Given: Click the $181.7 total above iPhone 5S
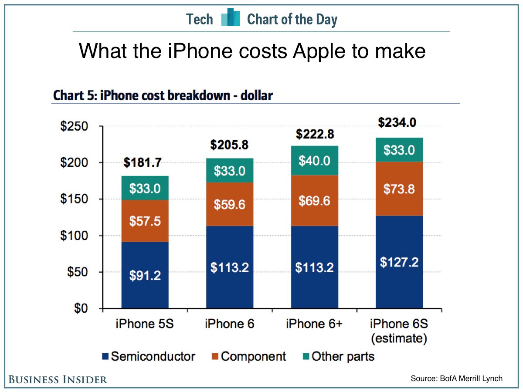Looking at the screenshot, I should (143, 163).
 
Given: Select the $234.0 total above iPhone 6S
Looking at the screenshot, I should (397, 122).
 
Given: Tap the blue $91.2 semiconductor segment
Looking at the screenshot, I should (145, 275).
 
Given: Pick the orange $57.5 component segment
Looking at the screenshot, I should (145, 221).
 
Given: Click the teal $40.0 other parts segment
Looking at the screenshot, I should (314, 161).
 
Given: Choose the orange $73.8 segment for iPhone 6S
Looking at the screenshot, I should (399, 189).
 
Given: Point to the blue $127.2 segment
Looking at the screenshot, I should (399, 262).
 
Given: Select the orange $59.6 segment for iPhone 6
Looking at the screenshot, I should (230, 204).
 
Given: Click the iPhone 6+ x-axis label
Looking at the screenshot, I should (314, 324).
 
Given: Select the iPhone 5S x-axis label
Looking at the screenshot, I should (144, 324).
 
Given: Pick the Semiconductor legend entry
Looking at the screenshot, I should (148, 357).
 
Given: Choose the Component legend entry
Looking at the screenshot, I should (249, 357).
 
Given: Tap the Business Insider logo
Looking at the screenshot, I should (58, 379).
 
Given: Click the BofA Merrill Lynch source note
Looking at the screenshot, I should (456, 378).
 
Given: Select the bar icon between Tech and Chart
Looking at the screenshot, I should (231, 18).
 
